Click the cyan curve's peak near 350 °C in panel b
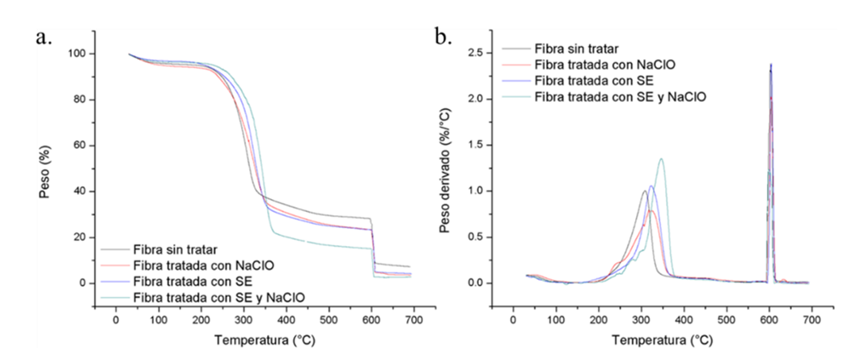tap(661, 159)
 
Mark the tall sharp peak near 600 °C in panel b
tap(771, 65)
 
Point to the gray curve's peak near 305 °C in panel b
tap(644, 191)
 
